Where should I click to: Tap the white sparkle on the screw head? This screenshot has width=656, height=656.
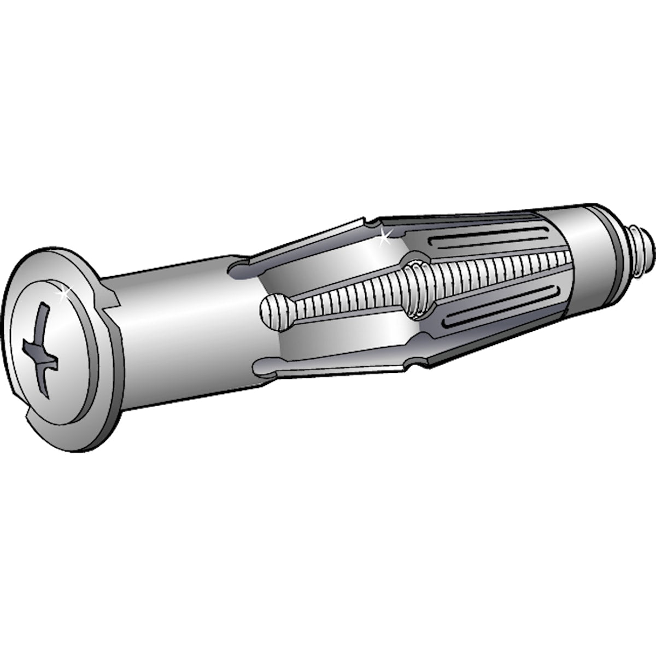62,294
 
